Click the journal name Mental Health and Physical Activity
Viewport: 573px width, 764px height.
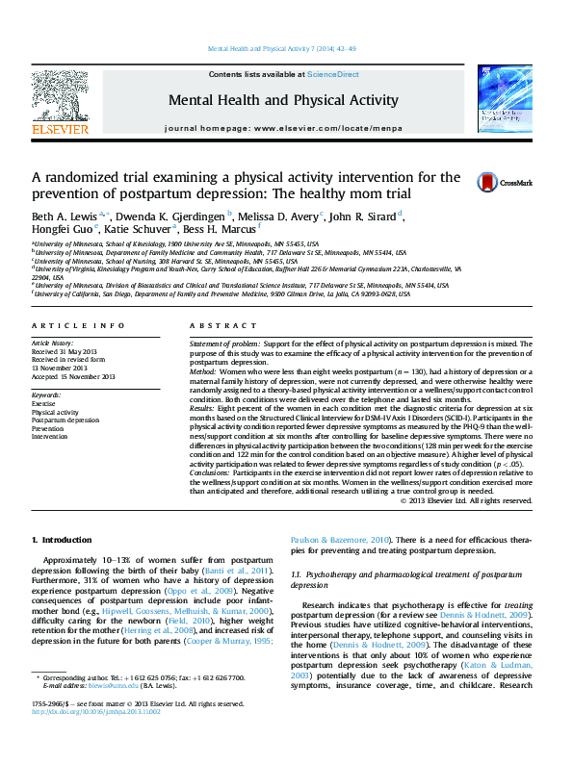click(283, 100)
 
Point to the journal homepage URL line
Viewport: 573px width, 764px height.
click(283, 128)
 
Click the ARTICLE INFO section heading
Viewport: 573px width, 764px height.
click(78, 326)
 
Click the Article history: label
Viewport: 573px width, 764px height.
click(53, 343)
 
